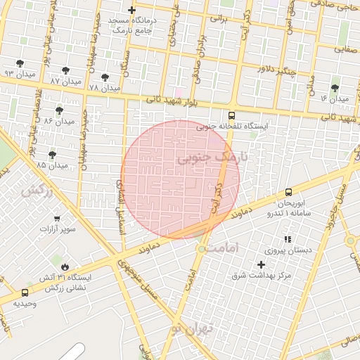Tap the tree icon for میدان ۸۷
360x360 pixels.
[x=65, y=70]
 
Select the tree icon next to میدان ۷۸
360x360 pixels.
[x=105, y=77]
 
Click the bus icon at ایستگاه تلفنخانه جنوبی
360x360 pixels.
[x=232, y=115]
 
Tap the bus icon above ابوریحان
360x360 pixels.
[x=288, y=192]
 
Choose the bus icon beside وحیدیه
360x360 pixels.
[x=25, y=292]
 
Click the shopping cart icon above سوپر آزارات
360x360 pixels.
[x=57, y=218]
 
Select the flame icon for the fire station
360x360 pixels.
[x=65, y=266]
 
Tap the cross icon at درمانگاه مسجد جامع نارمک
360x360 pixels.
[x=131, y=10]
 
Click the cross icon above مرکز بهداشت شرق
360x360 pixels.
[x=262, y=264]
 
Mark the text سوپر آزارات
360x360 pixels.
[x=57, y=229]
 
